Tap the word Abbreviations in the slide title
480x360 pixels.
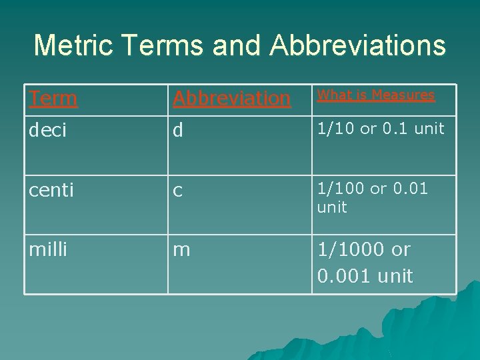click(358, 45)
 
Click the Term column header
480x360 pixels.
click(53, 99)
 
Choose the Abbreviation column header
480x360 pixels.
click(231, 99)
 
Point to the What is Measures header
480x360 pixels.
click(376, 95)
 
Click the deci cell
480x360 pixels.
click(47, 131)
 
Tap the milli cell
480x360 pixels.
click(48, 250)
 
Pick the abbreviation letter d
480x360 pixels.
click(177, 131)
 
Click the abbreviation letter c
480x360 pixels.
click(177, 191)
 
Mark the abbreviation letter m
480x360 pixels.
click(181, 251)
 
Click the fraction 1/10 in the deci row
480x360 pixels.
click(337, 129)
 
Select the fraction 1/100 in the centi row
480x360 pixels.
click(341, 189)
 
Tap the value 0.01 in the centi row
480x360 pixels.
click(412, 189)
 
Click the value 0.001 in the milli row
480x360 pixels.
click(345, 275)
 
